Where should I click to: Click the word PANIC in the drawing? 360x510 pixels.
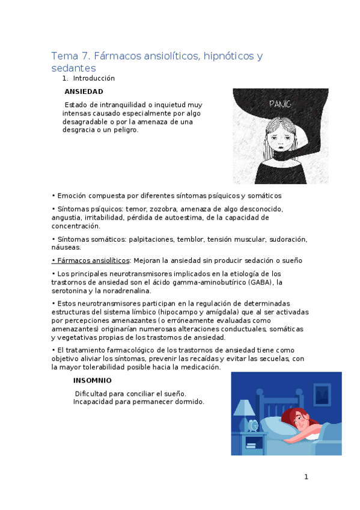[281, 104]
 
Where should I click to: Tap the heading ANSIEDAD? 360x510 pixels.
[84, 91]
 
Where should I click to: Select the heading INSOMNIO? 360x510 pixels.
[92, 381]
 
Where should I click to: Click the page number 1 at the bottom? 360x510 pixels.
[306, 477]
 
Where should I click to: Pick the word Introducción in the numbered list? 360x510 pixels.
[94, 78]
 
